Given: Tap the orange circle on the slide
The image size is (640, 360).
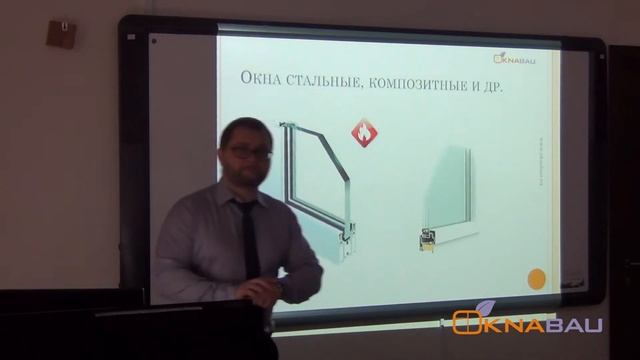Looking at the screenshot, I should pyautogui.click(x=536, y=279).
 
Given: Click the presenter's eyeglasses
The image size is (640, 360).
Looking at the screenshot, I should pyautogui.click(x=246, y=152).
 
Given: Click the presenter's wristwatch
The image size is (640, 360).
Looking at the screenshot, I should pyautogui.click(x=279, y=290).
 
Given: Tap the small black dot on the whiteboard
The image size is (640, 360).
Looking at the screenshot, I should pyautogui.click(x=153, y=41).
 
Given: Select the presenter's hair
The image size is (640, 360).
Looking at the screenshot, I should pyautogui.click(x=246, y=128).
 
